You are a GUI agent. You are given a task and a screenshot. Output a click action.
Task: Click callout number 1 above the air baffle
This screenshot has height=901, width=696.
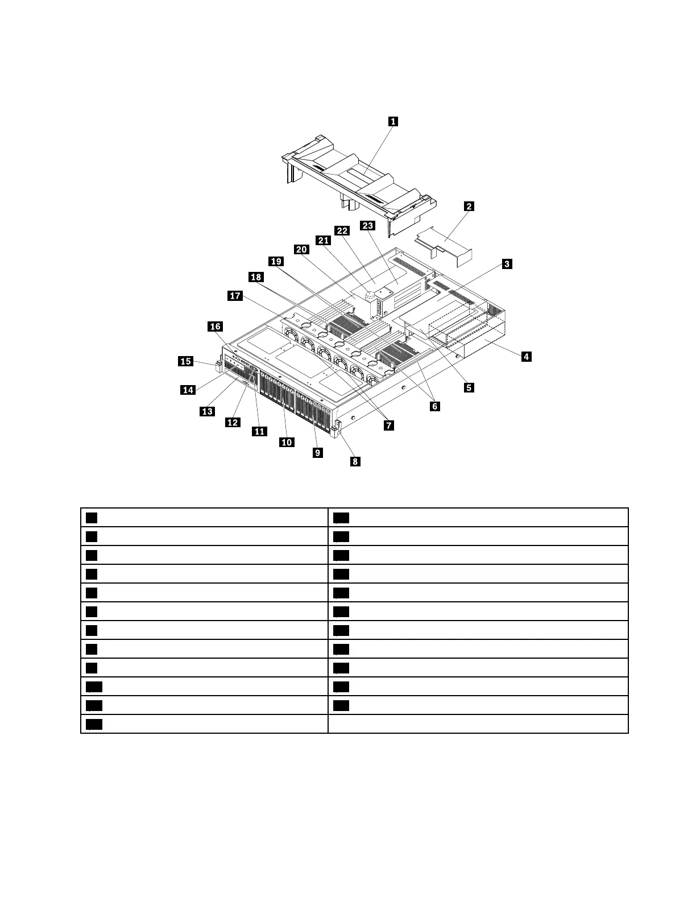(393, 121)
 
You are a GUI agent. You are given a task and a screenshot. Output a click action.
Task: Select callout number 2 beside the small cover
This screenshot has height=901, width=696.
(469, 206)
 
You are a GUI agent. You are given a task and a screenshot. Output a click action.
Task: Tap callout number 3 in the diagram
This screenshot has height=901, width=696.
(506, 264)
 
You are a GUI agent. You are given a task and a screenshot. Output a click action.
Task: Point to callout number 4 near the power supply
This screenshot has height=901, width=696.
(527, 357)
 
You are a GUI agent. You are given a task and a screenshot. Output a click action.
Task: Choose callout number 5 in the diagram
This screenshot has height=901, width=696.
(469, 387)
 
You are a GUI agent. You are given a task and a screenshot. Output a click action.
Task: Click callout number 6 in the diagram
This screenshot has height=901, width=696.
(434, 406)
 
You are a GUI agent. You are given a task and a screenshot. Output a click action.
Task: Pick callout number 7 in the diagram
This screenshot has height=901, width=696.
(389, 425)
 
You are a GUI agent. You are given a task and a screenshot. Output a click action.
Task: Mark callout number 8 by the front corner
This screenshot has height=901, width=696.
(355, 461)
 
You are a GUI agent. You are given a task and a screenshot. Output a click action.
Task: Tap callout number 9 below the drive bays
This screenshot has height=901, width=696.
(317, 452)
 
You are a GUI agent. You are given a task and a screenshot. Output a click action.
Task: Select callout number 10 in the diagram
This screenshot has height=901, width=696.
(287, 442)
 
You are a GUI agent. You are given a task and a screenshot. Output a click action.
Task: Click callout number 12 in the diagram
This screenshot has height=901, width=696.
(233, 422)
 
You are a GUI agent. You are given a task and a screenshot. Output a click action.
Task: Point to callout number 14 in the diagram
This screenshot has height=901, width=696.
(188, 390)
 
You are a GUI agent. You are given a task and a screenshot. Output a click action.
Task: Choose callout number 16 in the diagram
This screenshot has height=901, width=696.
(215, 326)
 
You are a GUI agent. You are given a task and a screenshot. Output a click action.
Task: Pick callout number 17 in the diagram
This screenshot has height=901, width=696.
(235, 296)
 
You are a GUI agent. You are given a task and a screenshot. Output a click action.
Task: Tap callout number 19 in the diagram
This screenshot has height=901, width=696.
(276, 262)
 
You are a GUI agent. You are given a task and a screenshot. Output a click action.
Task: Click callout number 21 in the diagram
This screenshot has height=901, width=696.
(324, 241)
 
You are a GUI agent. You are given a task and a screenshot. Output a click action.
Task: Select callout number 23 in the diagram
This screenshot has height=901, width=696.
(368, 226)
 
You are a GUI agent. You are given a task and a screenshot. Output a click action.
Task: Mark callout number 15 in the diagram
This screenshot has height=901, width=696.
(185, 361)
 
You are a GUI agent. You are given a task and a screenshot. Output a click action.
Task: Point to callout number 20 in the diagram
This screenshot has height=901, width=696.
(301, 250)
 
